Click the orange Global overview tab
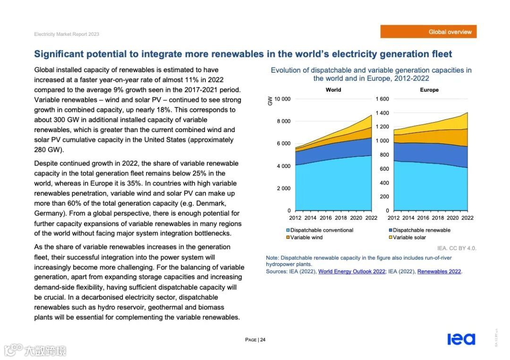(x=428, y=32)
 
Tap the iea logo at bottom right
(x=461, y=339)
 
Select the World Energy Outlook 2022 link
(x=351, y=271)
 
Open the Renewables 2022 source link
(x=439, y=271)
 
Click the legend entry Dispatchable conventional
(x=322, y=230)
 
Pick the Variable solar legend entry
(x=409, y=237)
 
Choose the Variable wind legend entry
(x=306, y=237)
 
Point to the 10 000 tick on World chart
(x=282, y=99)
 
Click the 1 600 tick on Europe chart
(x=382, y=99)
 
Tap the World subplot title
(x=333, y=90)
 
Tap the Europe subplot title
(x=429, y=90)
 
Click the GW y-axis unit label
(x=270, y=100)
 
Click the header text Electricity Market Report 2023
(x=67, y=34)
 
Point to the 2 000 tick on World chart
(x=283, y=188)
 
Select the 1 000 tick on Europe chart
(x=382, y=141)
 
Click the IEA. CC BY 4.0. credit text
(x=457, y=248)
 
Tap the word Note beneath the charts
(x=272, y=258)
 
